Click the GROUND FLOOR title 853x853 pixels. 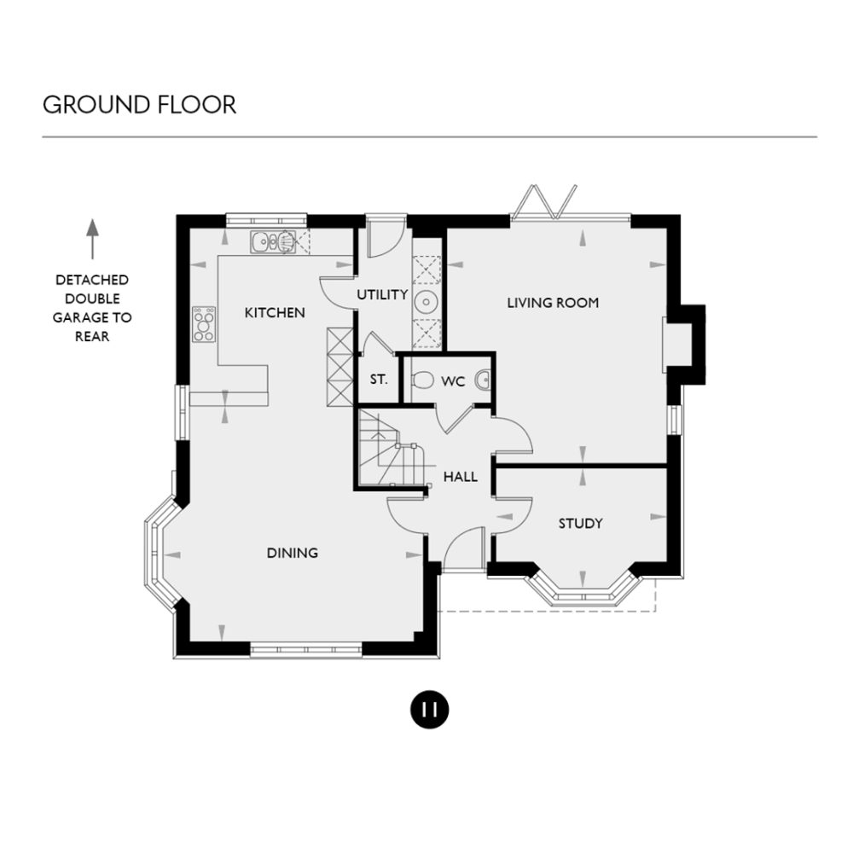point(139,105)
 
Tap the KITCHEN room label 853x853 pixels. point(274,313)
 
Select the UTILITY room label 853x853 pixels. point(382,295)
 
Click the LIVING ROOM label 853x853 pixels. point(553,303)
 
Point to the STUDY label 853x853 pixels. point(580,523)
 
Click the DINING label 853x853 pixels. point(292,553)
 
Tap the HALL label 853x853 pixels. point(460,477)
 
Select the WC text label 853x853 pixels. point(453,381)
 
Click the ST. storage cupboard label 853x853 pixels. point(379,380)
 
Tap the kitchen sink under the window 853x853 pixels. point(273,242)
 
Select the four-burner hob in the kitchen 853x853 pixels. point(204,324)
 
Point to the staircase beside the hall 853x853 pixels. point(389,450)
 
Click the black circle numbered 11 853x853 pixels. point(429,710)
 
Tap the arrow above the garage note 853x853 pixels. point(93,239)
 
